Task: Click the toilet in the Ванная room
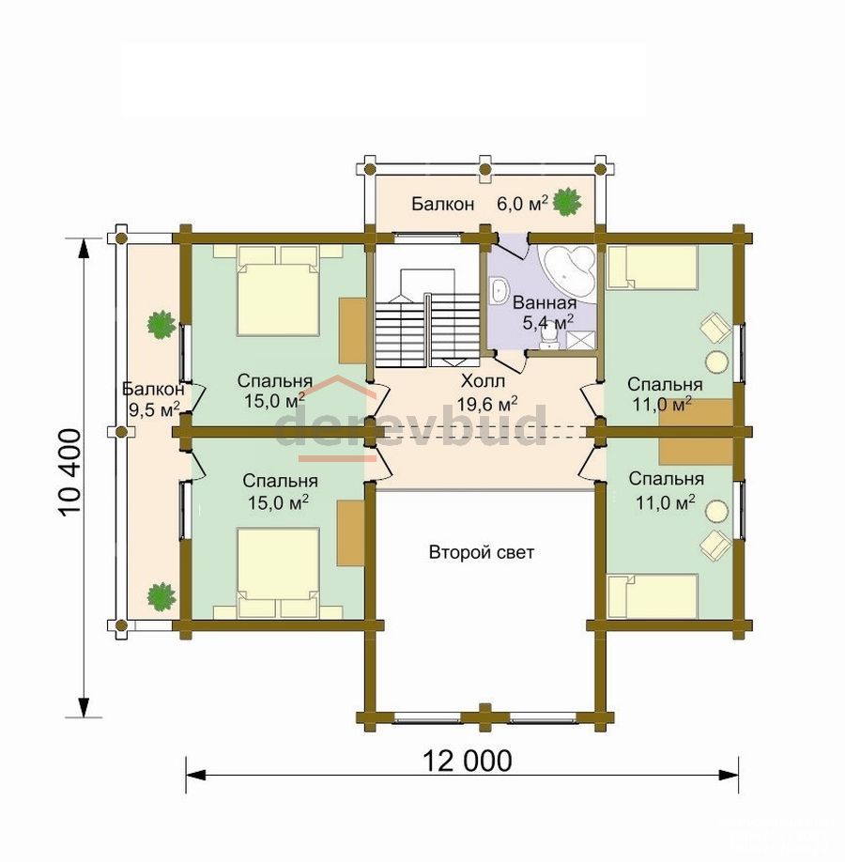tap(547, 336)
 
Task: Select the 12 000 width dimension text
tap(467, 762)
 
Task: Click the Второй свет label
tap(481, 552)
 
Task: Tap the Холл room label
tap(483, 380)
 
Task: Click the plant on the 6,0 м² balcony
tap(567, 202)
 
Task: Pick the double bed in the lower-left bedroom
tap(278, 573)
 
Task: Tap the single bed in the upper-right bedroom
tap(652, 268)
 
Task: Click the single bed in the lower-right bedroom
tap(652, 596)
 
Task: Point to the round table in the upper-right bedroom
tap(717, 362)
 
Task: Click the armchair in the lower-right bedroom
tap(715, 545)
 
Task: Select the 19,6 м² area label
tap(487, 405)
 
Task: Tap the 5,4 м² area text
tap(548, 322)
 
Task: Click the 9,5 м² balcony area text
tap(154, 408)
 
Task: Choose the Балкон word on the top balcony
tap(442, 205)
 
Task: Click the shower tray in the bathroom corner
tap(580, 340)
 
